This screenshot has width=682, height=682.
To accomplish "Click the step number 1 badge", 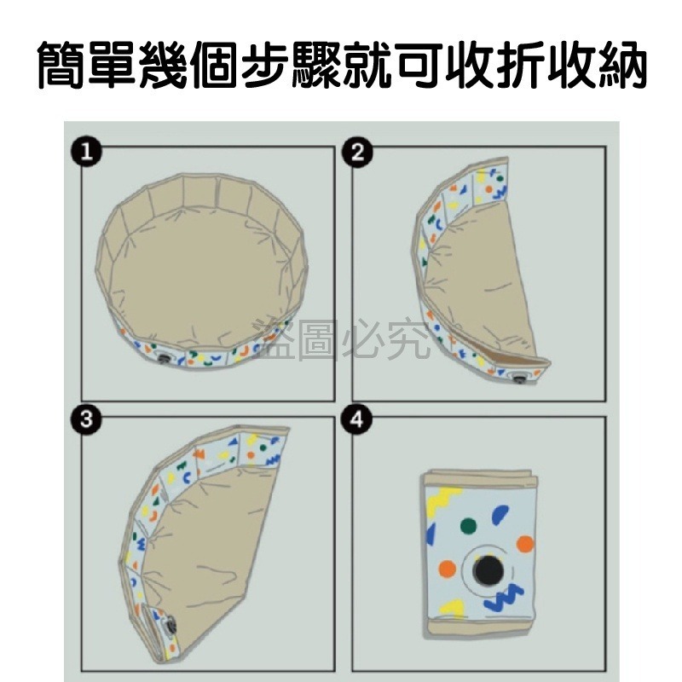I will point(83,153).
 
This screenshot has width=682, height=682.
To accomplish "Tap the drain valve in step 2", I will point(517,374).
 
